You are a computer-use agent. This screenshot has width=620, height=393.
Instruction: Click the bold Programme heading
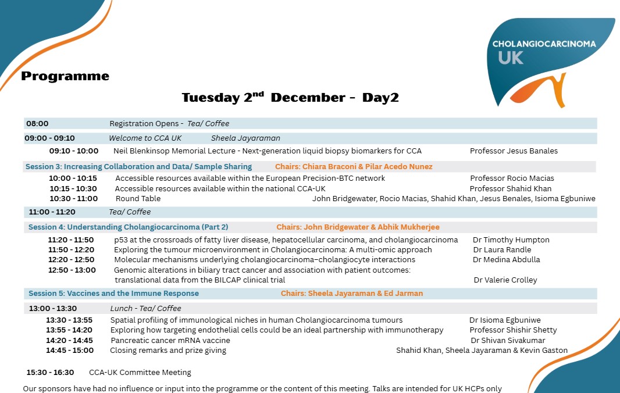click(x=65, y=76)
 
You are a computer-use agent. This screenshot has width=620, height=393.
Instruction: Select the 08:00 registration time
click(x=37, y=123)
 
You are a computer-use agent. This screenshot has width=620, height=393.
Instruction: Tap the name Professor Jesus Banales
click(x=514, y=151)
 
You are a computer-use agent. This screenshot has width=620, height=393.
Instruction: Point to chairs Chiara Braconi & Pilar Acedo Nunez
click(x=354, y=166)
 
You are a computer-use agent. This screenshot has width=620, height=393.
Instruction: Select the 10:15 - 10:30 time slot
click(x=73, y=188)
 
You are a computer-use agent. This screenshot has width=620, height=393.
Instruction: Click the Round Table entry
click(x=138, y=198)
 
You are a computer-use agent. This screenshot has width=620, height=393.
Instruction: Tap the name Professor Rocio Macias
click(x=512, y=178)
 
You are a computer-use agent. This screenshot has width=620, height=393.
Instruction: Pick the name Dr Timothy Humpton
click(x=511, y=240)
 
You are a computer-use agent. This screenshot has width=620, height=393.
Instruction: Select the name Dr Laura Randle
click(x=502, y=249)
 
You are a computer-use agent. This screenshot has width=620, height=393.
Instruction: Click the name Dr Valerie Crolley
click(x=505, y=280)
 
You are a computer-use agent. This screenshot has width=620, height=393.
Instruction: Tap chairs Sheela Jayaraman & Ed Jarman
click(x=352, y=293)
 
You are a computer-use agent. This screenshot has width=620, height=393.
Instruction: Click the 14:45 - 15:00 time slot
click(x=70, y=350)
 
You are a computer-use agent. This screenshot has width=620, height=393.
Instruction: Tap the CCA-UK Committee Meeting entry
click(x=140, y=372)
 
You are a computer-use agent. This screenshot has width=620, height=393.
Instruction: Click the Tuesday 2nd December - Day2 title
click(x=290, y=97)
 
